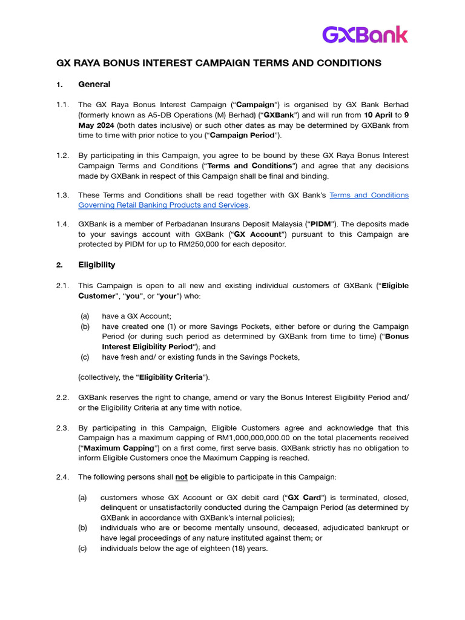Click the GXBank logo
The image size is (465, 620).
364,35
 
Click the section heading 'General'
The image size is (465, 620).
94,84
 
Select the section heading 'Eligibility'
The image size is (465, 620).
96,265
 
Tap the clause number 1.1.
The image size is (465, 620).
63,105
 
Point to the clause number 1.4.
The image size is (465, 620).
63,224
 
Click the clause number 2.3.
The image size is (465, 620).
63,427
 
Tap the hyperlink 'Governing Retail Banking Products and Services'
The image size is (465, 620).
163,205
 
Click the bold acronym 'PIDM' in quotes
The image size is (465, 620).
320,224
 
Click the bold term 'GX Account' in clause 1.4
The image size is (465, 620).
258,234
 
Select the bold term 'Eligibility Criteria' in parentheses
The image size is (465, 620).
171,377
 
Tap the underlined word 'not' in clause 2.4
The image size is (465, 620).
181,477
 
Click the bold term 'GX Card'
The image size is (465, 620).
303,497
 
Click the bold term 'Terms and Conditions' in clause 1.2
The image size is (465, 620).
251,166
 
